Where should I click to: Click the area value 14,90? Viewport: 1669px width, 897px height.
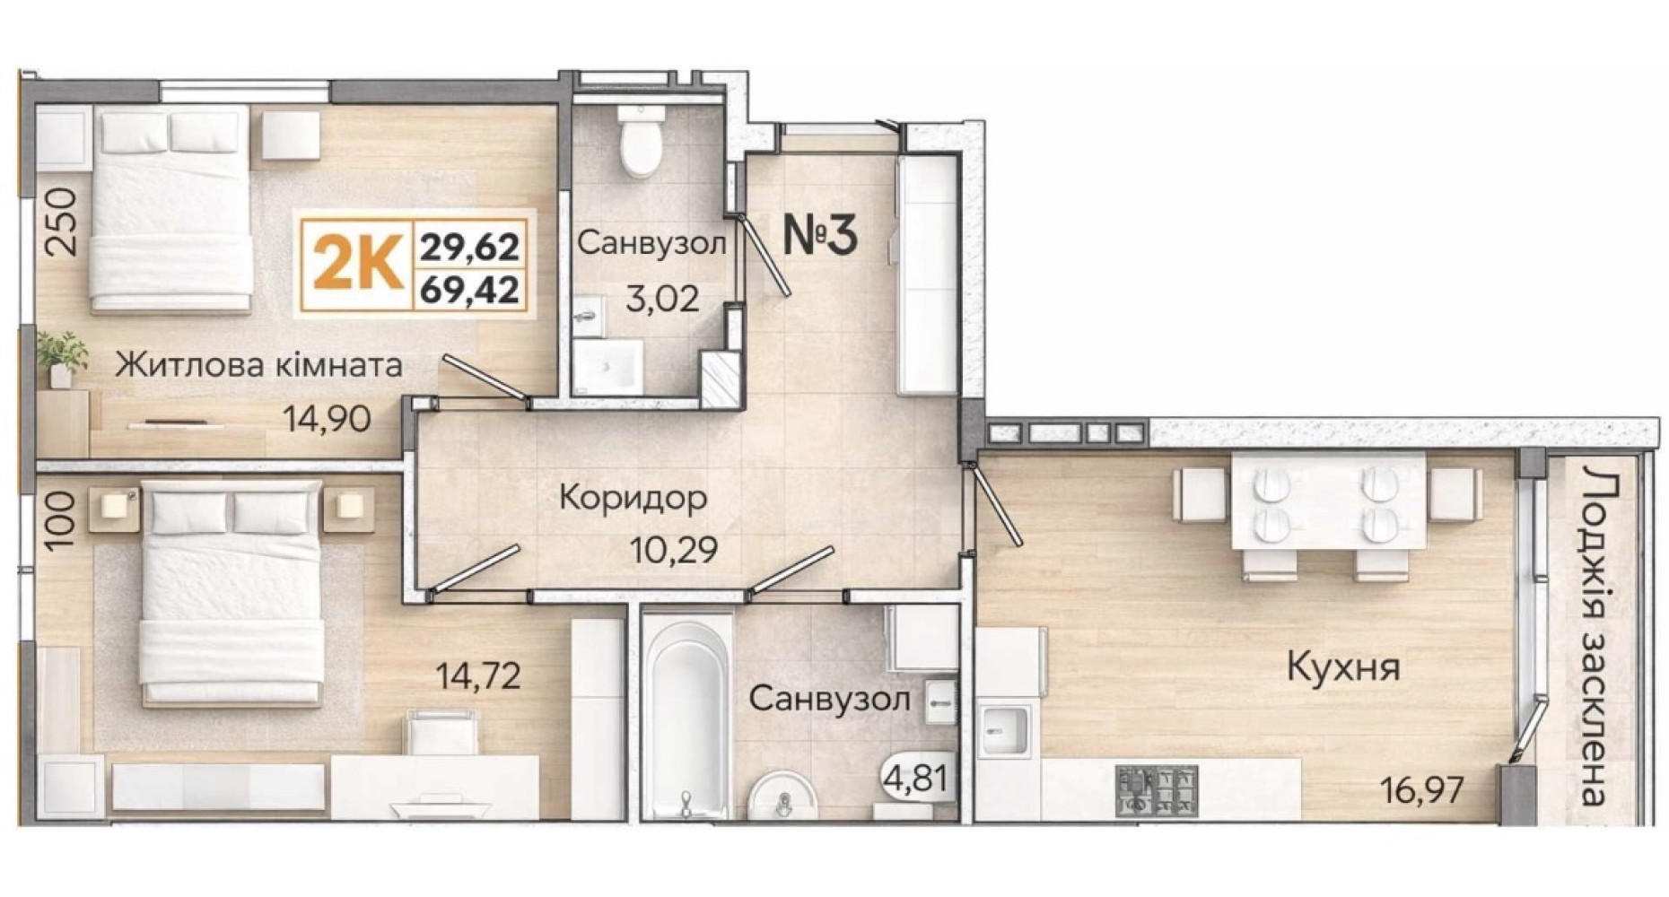click(327, 419)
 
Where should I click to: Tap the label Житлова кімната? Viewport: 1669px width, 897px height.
click(259, 365)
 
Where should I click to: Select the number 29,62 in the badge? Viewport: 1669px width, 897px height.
click(470, 244)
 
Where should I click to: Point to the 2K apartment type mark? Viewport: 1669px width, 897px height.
click(357, 266)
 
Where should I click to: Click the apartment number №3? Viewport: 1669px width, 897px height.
click(821, 235)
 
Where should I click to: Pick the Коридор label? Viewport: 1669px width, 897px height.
click(633, 498)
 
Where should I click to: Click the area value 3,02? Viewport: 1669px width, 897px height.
click(662, 298)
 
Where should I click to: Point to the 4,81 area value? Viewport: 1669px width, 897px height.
click(915, 777)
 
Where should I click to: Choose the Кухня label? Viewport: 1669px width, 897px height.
click(1343, 667)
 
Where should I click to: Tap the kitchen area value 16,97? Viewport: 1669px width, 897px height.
click(1422, 790)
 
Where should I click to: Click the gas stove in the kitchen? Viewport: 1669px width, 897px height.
click(1157, 790)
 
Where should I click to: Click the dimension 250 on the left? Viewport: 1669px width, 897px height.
click(63, 222)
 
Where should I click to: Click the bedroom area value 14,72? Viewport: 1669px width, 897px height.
click(477, 675)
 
